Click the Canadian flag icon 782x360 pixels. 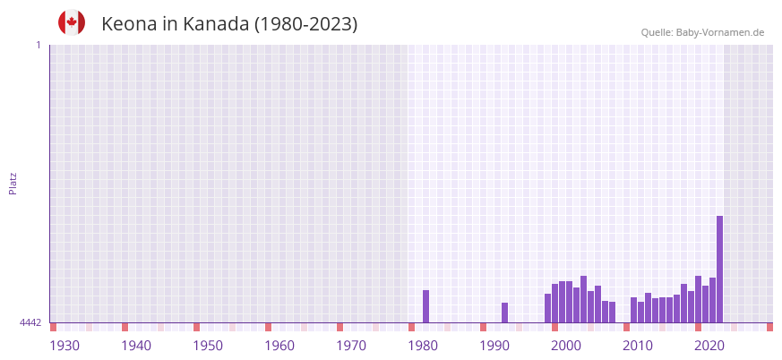click(x=72, y=22)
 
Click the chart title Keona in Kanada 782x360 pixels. click(x=229, y=24)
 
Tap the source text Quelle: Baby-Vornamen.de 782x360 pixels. click(x=702, y=32)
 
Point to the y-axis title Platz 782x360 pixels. click(x=13, y=183)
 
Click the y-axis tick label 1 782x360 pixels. click(x=38, y=45)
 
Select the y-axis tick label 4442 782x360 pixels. click(x=30, y=322)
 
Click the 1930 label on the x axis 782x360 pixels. click(x=64, y=346)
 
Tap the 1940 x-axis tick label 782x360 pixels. click(x=136, y=346)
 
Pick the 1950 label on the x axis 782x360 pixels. click(x=208, y=346)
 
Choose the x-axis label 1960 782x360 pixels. click(x=279, y=346)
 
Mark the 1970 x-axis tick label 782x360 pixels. click(x=351, y=346)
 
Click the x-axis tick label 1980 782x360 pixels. click(x=423, y=346)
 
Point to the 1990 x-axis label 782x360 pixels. click(x=494, y=346)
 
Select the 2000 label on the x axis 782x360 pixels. click(x=566, y=346)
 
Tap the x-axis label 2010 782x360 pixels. click(x=638, y=346)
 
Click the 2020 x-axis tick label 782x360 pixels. click(x=709, y=346)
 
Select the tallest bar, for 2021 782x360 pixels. click(x=719, y=269)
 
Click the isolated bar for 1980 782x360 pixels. click(x=425, y=306)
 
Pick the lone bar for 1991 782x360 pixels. click(x=504, y=313)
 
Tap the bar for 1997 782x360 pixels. click(x=547, y=308)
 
